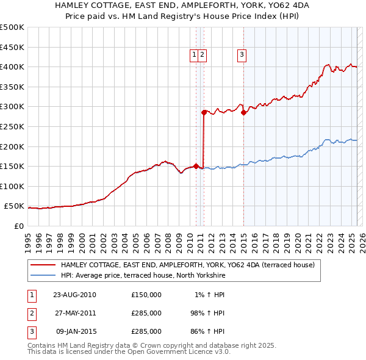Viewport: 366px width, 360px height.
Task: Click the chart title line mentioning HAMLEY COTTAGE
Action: [x=182, y=6]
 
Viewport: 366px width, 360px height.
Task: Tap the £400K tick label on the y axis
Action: [x=12, y=67]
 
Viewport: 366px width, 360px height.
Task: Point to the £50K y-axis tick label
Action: [x=14, y=206]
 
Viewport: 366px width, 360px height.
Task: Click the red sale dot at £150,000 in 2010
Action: [x=196, y=166]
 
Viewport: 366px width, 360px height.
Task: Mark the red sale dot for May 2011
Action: [x=204, y=112]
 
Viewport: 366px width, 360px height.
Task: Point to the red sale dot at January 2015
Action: [x=243, y=112]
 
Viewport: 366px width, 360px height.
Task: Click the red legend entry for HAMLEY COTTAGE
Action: [x=187, y=265]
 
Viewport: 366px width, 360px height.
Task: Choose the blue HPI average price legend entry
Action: [x=143, y=275]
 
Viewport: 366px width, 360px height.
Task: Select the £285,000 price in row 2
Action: [x=146, y=312]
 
